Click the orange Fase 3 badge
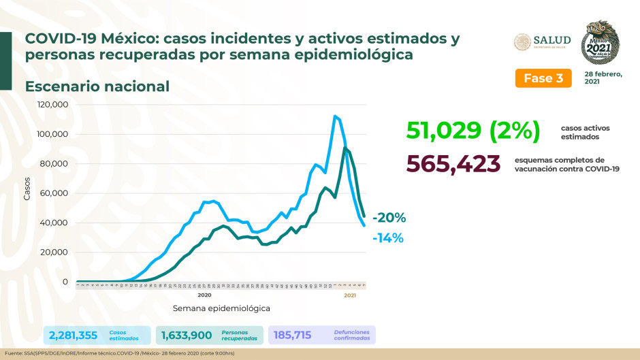pyautogui.click(x=543, y=78)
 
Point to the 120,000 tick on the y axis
pyautogui.click(x=52, y=105)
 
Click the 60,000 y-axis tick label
pyautogui.click(x=54, y=193)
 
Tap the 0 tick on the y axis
pyautogui.click(x=65, y=282)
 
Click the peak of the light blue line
pyautogui.click(x=334, y=116)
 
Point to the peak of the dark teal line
pyautogui.click(x=346, y=148)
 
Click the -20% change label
pyautogui.click(x=389, y=218)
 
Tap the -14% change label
pyautogui.click(x=388, y=238)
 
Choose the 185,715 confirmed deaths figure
pyautogui.click(x=296, y=334)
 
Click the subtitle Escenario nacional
pyautogui.click(x=97, y=86)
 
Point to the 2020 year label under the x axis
pyautogui.click(x=204, y=295)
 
